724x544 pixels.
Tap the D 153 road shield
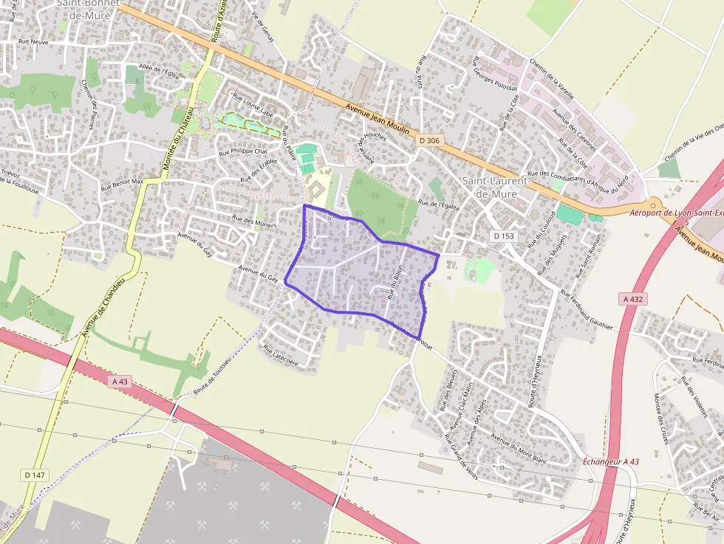click(x=503, y=236)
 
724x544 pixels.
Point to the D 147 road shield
click(x=35, y=475)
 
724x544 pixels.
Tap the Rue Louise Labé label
click(x=253, y=105)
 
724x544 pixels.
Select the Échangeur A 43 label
click(x=610, y=461)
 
